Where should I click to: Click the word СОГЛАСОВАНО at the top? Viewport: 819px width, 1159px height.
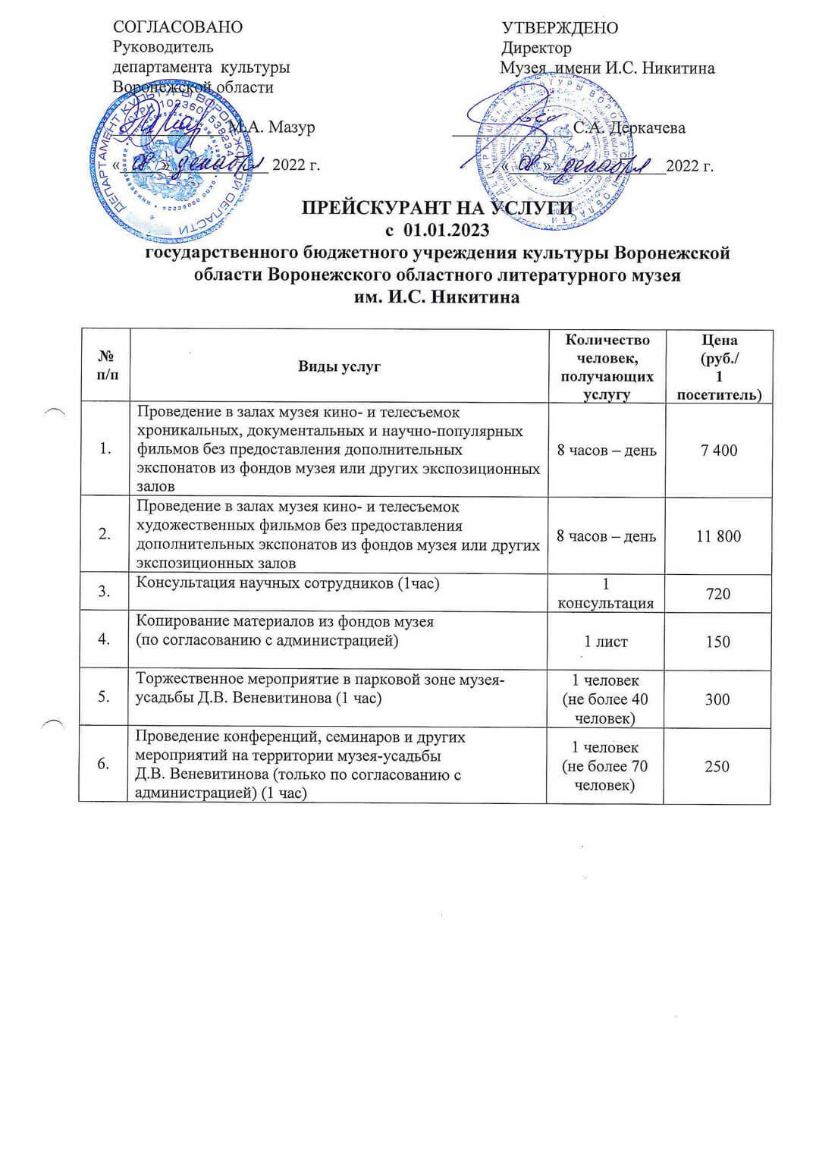point(177,27)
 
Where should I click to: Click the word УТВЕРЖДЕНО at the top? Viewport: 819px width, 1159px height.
point(560,29)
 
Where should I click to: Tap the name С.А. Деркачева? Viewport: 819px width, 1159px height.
point(629,127)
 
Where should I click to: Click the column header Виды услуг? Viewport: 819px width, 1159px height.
point(339,366)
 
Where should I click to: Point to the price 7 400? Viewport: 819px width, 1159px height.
point(718,451)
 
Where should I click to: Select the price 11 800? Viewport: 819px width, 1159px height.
point(718,536)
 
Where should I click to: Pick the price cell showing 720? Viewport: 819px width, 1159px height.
point(718,594)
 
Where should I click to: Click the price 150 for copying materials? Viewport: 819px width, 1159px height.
point(718,642)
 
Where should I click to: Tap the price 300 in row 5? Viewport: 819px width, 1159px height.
point(717,699)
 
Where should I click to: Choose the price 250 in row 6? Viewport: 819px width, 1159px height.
point(717,766)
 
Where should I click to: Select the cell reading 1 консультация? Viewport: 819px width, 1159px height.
point(606,594)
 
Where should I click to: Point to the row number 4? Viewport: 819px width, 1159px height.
point(104,639)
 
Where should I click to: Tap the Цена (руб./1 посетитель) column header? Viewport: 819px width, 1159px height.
point(719,366)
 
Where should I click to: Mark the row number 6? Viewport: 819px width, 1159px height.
point(104,764)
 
